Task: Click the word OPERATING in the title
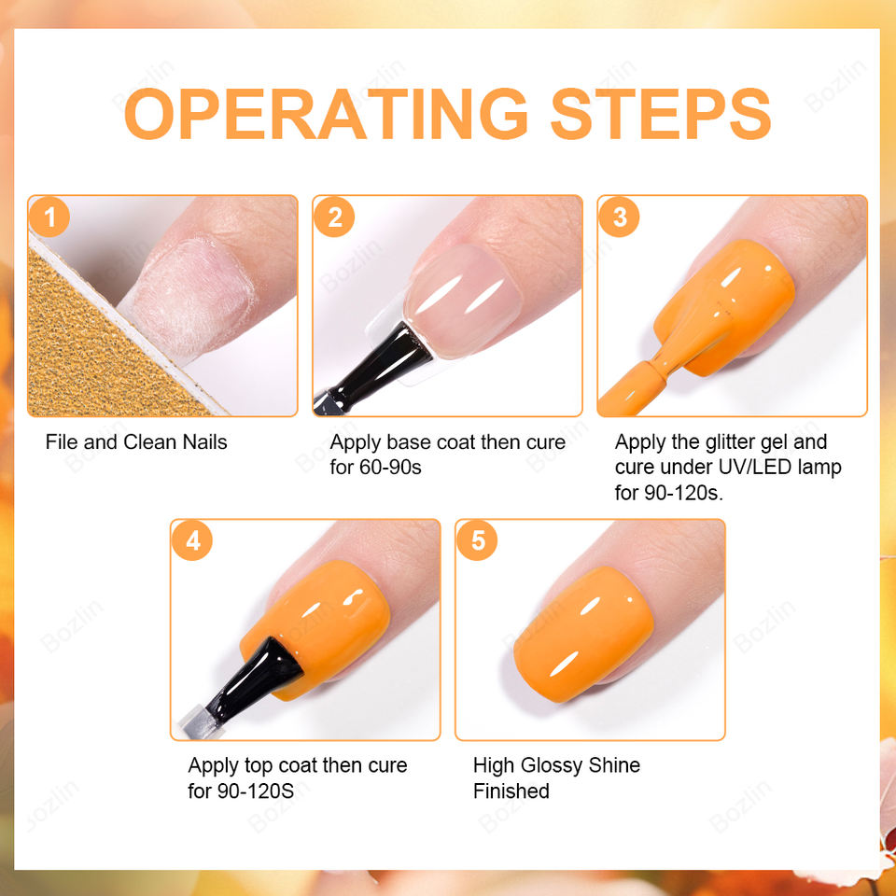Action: point(326,114)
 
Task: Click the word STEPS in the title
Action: point(661,114)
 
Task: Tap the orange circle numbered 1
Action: point(49,217)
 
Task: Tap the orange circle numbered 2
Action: point(334,217)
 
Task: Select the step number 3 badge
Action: point(620,217)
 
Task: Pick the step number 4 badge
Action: point(192,540)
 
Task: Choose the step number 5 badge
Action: point(477,540)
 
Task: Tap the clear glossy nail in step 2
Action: point(462,300)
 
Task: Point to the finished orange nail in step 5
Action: point(582,635)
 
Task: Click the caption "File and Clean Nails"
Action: point(136,442)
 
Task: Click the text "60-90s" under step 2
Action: point(390,468)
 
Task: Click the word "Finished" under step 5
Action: point(511,791)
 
